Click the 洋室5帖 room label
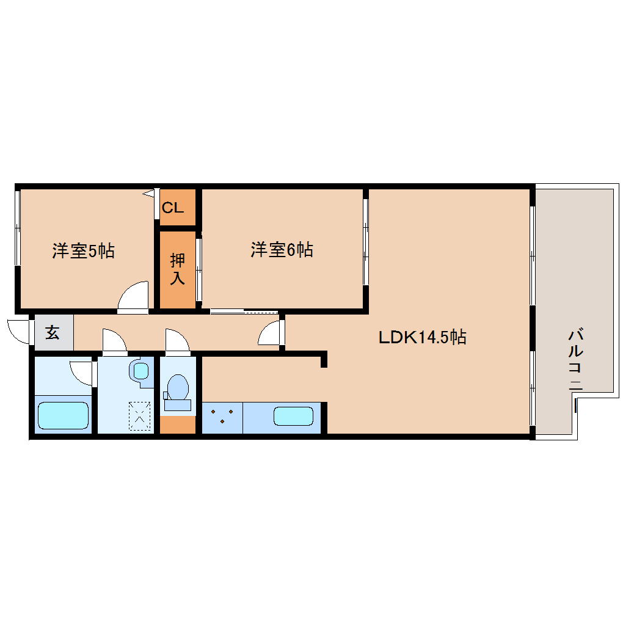tap(83, 250)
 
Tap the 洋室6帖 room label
tap(282, 249)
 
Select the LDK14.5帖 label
tap(423, 337)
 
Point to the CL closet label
tap(173, 208)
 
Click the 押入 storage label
tap(177, 269)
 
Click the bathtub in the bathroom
tap(63, 415)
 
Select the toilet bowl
tap(178, 387)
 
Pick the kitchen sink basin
tap(293, 416)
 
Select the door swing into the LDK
tap(271, 334)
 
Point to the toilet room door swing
tap(177, 341)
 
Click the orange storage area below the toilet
tap(178, 424)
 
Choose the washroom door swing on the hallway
tap(114, 341)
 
